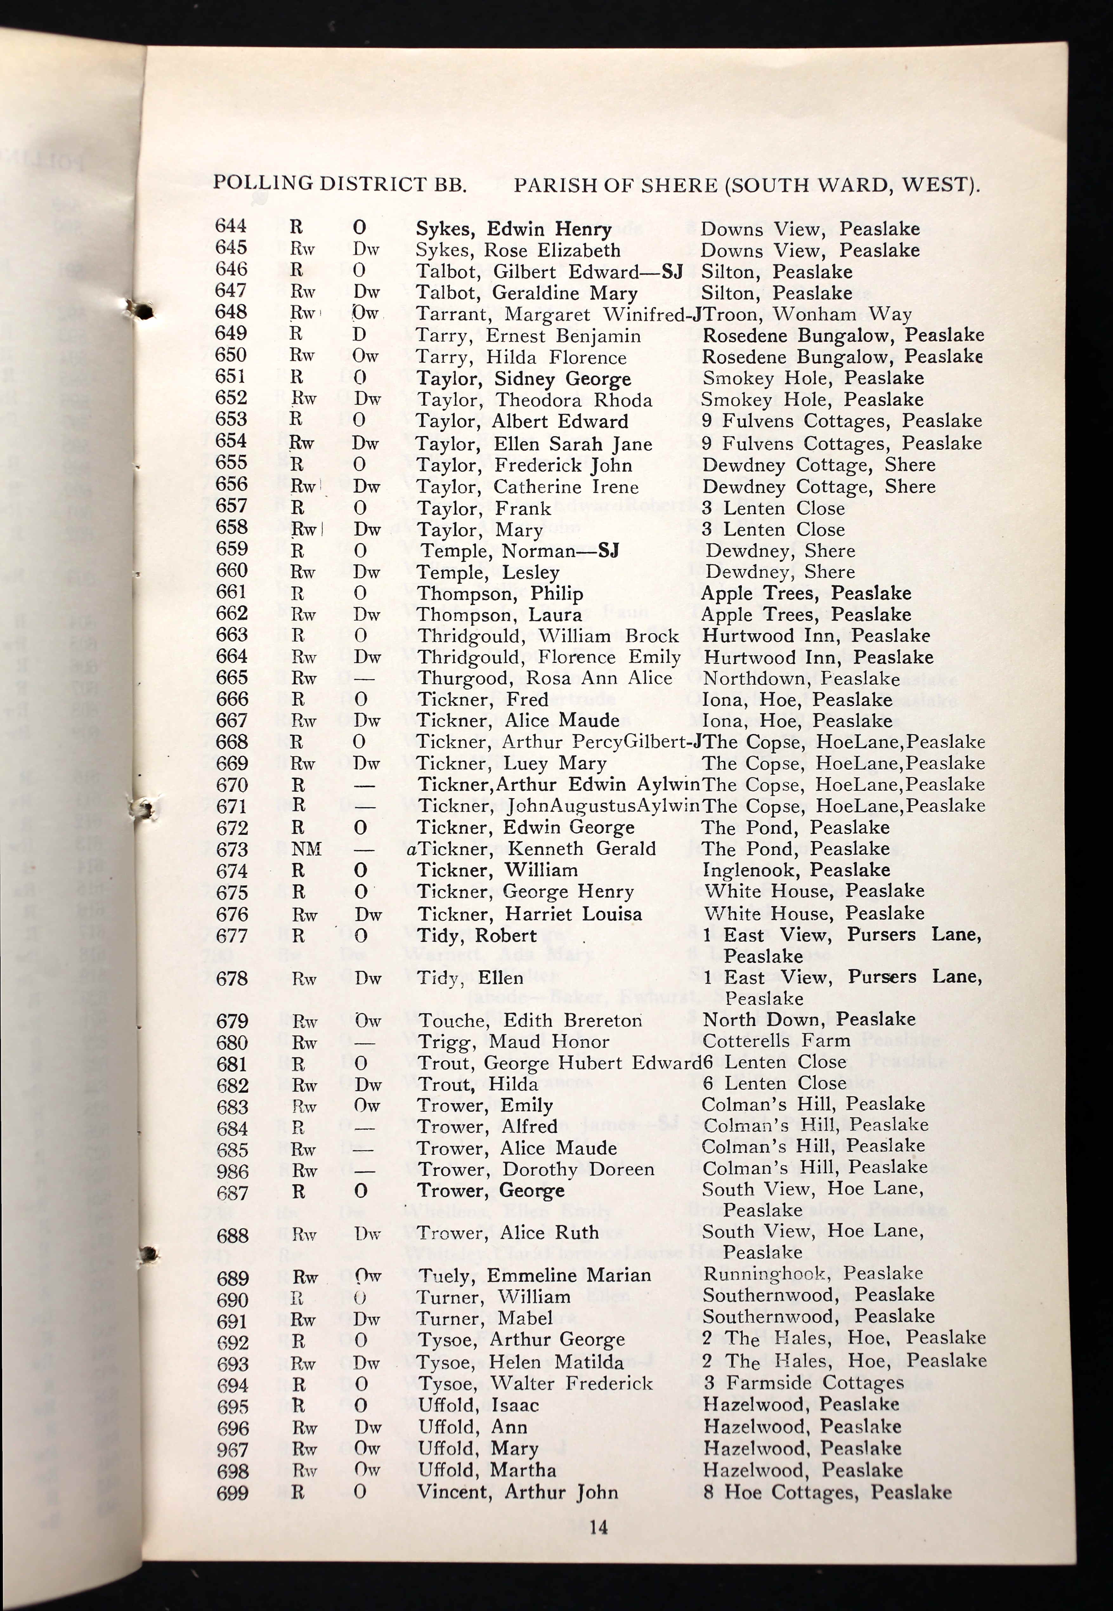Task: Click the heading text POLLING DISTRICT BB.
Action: pos(340,183)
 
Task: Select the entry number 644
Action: pos(231,226)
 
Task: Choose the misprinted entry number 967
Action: pos(232,1450)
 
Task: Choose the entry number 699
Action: pos(232,1492)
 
